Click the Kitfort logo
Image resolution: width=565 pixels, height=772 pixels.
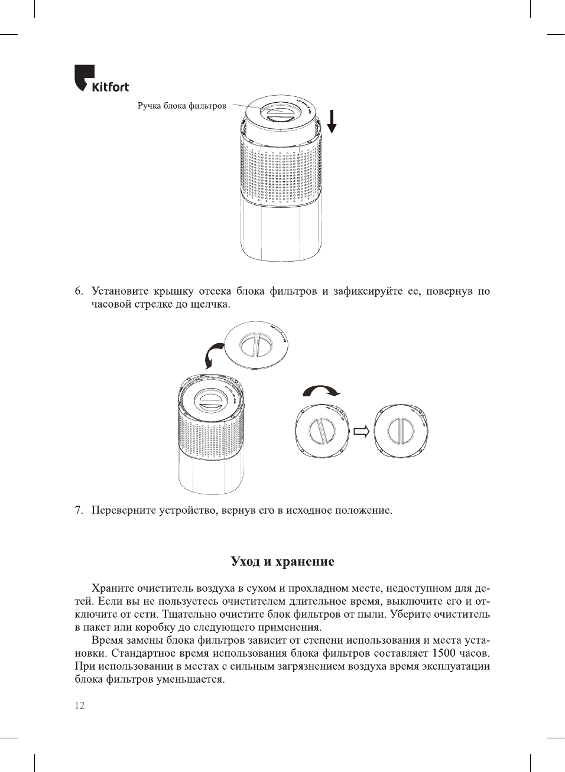coord(101,79)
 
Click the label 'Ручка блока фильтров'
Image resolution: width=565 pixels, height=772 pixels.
coord(181,106)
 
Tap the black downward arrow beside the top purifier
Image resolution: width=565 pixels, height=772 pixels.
coord(332,121)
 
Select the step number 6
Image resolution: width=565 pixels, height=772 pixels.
coord(79,291)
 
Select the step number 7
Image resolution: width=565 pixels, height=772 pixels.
coord(79,510)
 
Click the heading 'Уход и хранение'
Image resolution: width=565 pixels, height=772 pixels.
coord(282,562)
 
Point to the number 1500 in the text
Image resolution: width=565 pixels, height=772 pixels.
coord(443,653)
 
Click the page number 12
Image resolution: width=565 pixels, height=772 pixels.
coord(80,705)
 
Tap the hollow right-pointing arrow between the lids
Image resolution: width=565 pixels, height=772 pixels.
coord(361,431)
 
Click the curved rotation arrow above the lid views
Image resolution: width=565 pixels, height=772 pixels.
coord(322,391)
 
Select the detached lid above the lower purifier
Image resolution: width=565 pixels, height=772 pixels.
coord(256,345)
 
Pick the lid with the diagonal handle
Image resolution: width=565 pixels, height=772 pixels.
coord(322,431)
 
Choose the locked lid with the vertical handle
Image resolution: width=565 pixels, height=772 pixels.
coord(401,431)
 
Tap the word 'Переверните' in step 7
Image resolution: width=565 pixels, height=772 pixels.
coord(124,510)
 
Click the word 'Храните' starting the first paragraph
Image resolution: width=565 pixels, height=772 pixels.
coord(112,588)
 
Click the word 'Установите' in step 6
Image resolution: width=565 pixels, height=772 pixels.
coord(120,291)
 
